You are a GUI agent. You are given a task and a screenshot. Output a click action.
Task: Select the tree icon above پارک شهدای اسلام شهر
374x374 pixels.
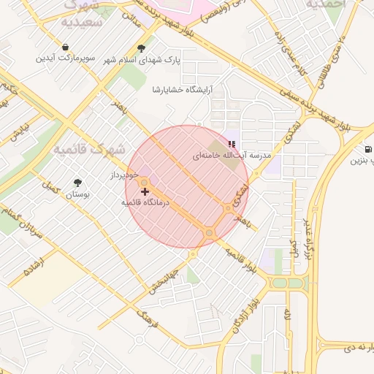[141, 47]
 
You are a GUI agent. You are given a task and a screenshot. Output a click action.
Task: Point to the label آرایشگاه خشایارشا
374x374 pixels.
[181, 89]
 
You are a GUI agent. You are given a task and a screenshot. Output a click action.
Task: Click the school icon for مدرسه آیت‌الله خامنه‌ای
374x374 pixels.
[232, 145]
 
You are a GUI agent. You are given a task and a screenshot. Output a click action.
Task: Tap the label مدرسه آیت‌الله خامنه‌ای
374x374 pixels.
[232, 156]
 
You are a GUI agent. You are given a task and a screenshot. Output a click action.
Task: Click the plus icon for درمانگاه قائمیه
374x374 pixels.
[145, 191]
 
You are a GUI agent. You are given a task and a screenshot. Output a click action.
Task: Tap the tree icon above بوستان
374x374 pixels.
[78, 183]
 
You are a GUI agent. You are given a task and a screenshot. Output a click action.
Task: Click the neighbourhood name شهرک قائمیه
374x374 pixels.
[89, 149]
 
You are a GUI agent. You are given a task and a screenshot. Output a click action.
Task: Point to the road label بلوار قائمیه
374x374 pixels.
[241, 261]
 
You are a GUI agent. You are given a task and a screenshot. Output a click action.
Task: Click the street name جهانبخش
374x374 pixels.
[163, 279]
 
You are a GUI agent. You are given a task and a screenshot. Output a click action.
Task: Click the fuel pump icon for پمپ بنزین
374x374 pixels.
[365, 150]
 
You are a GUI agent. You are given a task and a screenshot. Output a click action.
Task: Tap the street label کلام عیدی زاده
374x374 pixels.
[290, 50]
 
